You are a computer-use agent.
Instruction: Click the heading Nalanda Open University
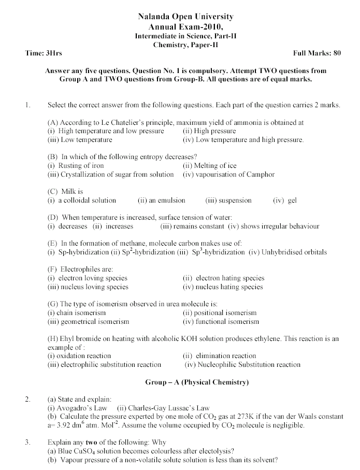185,17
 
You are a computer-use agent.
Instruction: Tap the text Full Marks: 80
316,53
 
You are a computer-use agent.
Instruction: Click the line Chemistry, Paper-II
186,45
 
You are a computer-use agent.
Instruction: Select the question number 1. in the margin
27,105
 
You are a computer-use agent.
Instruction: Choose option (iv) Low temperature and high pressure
243,140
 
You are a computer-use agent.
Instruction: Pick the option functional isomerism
227,322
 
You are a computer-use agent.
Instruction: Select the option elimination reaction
226,356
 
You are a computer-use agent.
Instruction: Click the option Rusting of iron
80,166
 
